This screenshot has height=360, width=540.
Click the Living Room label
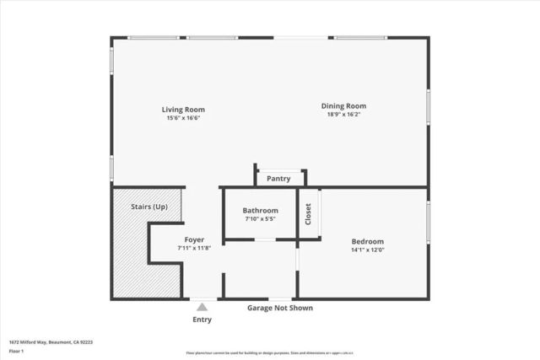[x=183, y=110]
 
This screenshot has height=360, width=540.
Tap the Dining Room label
[x=343, y=106]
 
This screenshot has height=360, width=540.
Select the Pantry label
[x=278, y=179]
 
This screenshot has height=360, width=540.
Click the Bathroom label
[x=260, y=211]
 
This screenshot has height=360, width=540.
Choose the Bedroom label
[x=367, y=241]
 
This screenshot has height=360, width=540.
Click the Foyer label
[x=195, y=240]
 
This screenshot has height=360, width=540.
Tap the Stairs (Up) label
[x=148, y=207]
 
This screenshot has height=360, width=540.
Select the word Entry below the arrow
[x=202, y=320]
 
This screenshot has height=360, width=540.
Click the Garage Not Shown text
[x=279, y=308]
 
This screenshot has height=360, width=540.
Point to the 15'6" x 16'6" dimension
[x=183, y=118]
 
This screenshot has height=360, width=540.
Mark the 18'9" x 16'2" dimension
[x=343, y=115]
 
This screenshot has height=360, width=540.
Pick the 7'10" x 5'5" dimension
[x=260, y=219]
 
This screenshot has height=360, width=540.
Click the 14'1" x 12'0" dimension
[x=367, y=250]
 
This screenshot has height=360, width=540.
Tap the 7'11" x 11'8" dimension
[x=195, y=249]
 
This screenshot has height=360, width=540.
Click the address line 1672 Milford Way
[x=50, y=342]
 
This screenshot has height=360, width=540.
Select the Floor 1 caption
[x=17, y=352]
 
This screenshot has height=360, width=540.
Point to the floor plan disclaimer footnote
[x=270, y=352]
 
